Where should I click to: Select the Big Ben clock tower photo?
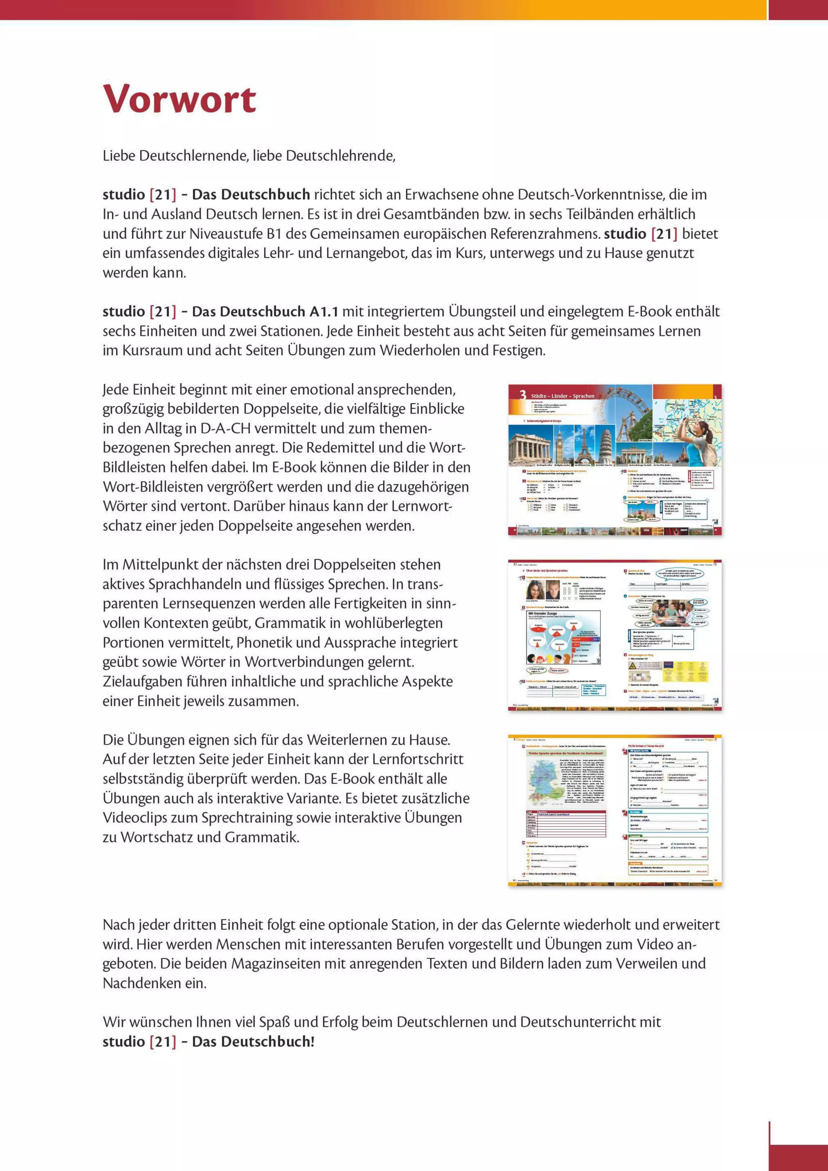[563, 444]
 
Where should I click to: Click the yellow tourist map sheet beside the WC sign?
[691, 672]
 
